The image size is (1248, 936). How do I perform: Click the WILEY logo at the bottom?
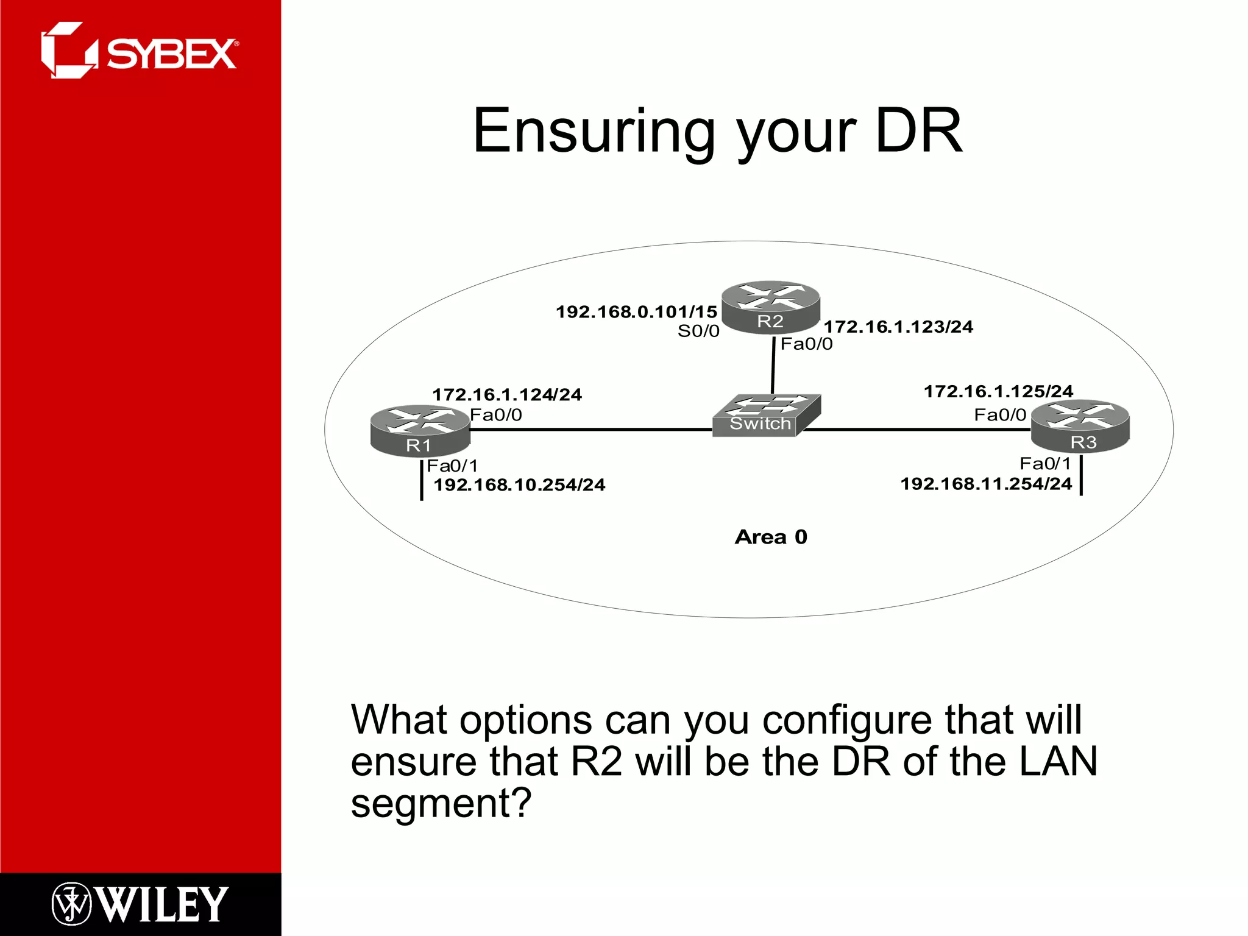140,904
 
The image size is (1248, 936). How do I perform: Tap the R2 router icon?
770,307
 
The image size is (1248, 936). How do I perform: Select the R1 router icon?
420,431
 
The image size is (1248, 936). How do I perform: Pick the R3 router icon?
1080,427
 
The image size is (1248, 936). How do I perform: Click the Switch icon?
765,416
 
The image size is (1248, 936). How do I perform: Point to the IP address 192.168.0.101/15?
636,312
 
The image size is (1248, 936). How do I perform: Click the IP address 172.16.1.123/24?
898,327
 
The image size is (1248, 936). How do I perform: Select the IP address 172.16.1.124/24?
507,395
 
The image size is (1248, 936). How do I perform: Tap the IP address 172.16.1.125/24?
998,391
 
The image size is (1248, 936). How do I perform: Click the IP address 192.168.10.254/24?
519,485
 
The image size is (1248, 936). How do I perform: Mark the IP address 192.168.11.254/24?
986,484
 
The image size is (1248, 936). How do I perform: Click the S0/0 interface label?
698,331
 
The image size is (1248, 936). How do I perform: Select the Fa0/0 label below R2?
806,344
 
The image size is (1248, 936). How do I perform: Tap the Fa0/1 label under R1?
452,466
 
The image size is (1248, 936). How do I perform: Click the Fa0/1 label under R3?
1045,464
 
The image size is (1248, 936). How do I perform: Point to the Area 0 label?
771,537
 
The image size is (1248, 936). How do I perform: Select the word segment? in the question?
441,803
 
